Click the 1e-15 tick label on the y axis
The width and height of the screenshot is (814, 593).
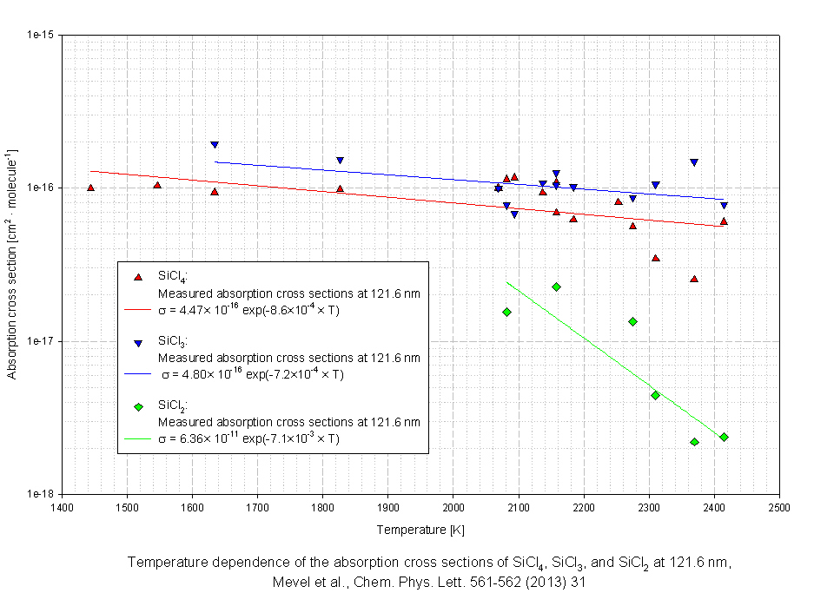42,36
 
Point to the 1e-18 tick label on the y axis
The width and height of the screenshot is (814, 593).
42,494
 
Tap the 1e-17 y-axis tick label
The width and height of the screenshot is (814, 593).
42,341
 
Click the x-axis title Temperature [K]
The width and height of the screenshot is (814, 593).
420,530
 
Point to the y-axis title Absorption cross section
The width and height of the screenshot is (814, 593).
12,265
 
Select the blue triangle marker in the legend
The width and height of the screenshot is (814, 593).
137,343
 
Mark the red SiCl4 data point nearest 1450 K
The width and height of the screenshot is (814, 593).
90,188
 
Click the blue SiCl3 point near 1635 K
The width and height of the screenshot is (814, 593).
214,145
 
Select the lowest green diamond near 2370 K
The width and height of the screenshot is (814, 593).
694,442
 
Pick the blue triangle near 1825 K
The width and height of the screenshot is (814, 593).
340,161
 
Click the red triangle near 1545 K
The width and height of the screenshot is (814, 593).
157,185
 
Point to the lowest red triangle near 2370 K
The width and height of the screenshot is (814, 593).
694,279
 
